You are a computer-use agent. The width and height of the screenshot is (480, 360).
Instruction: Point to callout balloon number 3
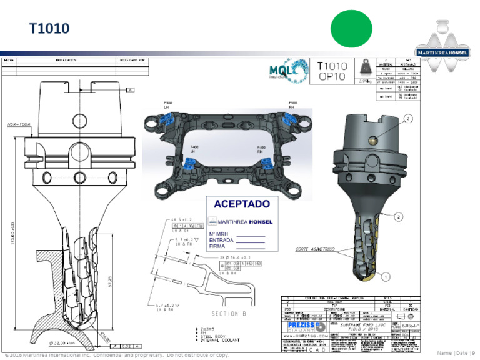point(408,118)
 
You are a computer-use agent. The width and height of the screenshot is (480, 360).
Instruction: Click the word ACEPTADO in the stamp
point(242,204)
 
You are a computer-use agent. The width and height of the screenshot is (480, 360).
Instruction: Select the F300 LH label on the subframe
point(167,105)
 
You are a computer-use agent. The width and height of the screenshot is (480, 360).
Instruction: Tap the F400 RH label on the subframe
point(262,149)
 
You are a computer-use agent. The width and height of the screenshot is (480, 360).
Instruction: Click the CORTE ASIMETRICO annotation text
point(316,249)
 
